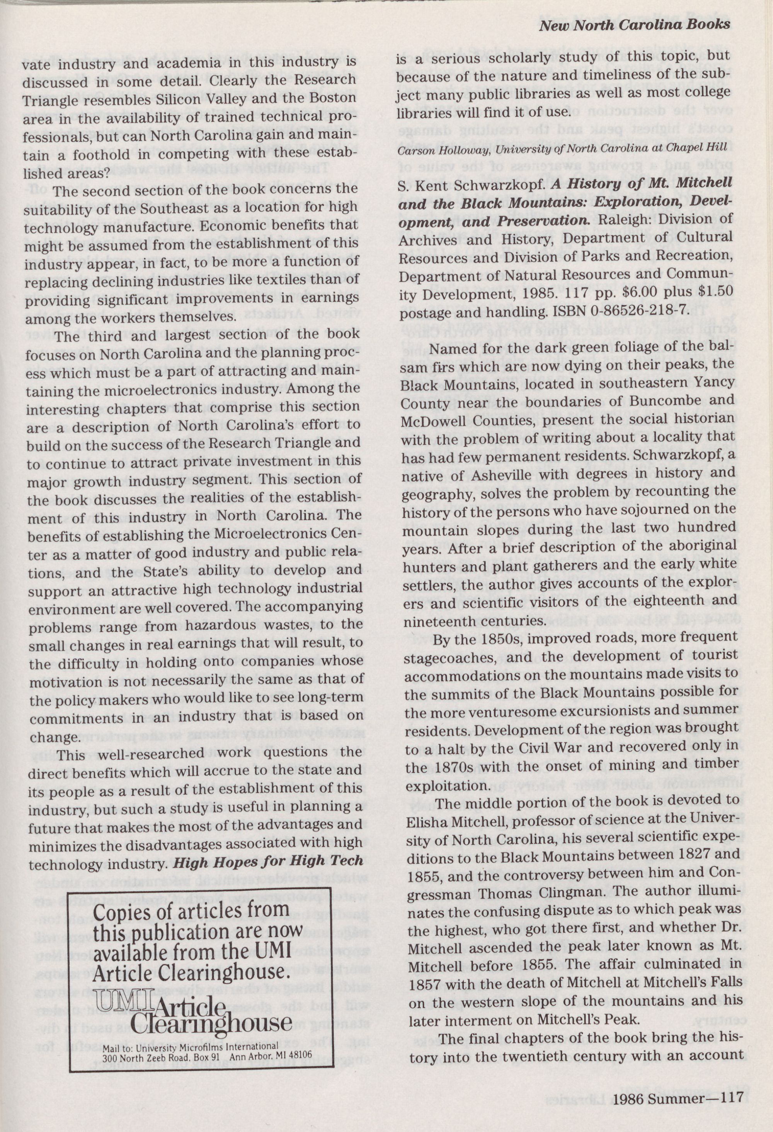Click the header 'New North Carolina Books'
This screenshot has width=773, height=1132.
(x=634, y=24)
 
